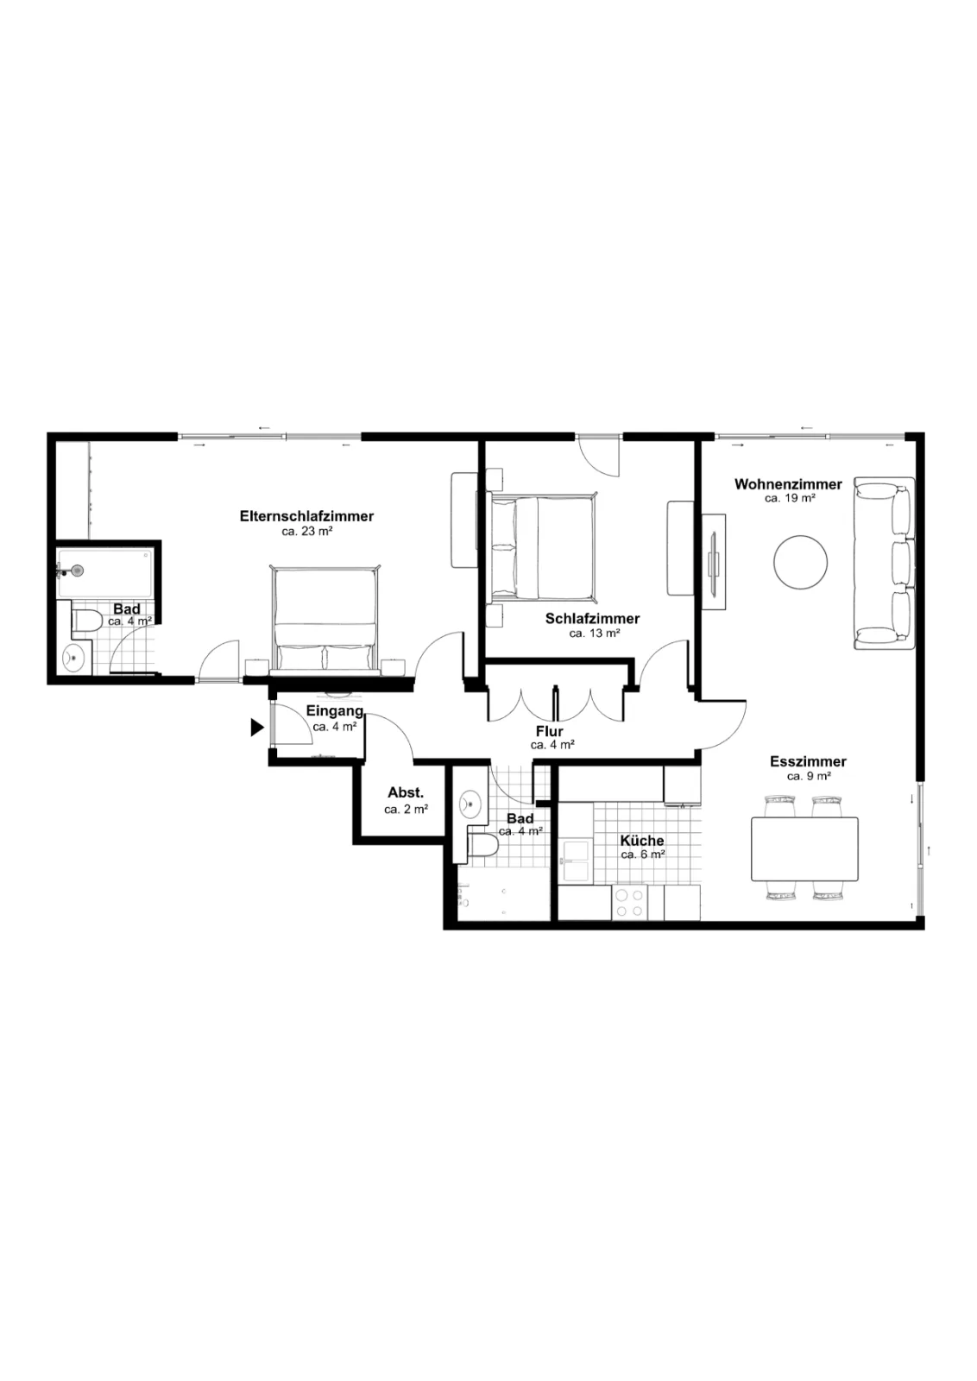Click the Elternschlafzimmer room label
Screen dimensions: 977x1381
click(306, 516)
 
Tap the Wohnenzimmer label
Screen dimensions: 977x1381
click(788, 484)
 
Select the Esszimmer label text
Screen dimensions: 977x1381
click(808, 761)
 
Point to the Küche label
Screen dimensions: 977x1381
click(641, 841)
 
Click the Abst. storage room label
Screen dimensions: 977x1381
click(406, 793)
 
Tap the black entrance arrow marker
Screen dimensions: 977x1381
click(257, 728)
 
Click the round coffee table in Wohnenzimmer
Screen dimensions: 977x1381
click(800, 562)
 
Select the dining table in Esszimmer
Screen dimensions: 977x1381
click(804, 849)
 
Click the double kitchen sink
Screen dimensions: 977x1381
click(575, 860)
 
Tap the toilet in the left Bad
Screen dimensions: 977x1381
click(87, 621)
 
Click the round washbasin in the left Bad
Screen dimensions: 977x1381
click(73, 657)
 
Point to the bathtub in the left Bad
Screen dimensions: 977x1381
click(104, 573)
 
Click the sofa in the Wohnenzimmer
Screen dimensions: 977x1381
click(884, 563)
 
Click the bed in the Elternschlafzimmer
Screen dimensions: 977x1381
click(325, 619)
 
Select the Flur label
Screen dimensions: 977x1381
click(549, 731)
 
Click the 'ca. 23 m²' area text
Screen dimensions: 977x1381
click(307, 532)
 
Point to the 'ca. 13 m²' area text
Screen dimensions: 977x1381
click(594, 634)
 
